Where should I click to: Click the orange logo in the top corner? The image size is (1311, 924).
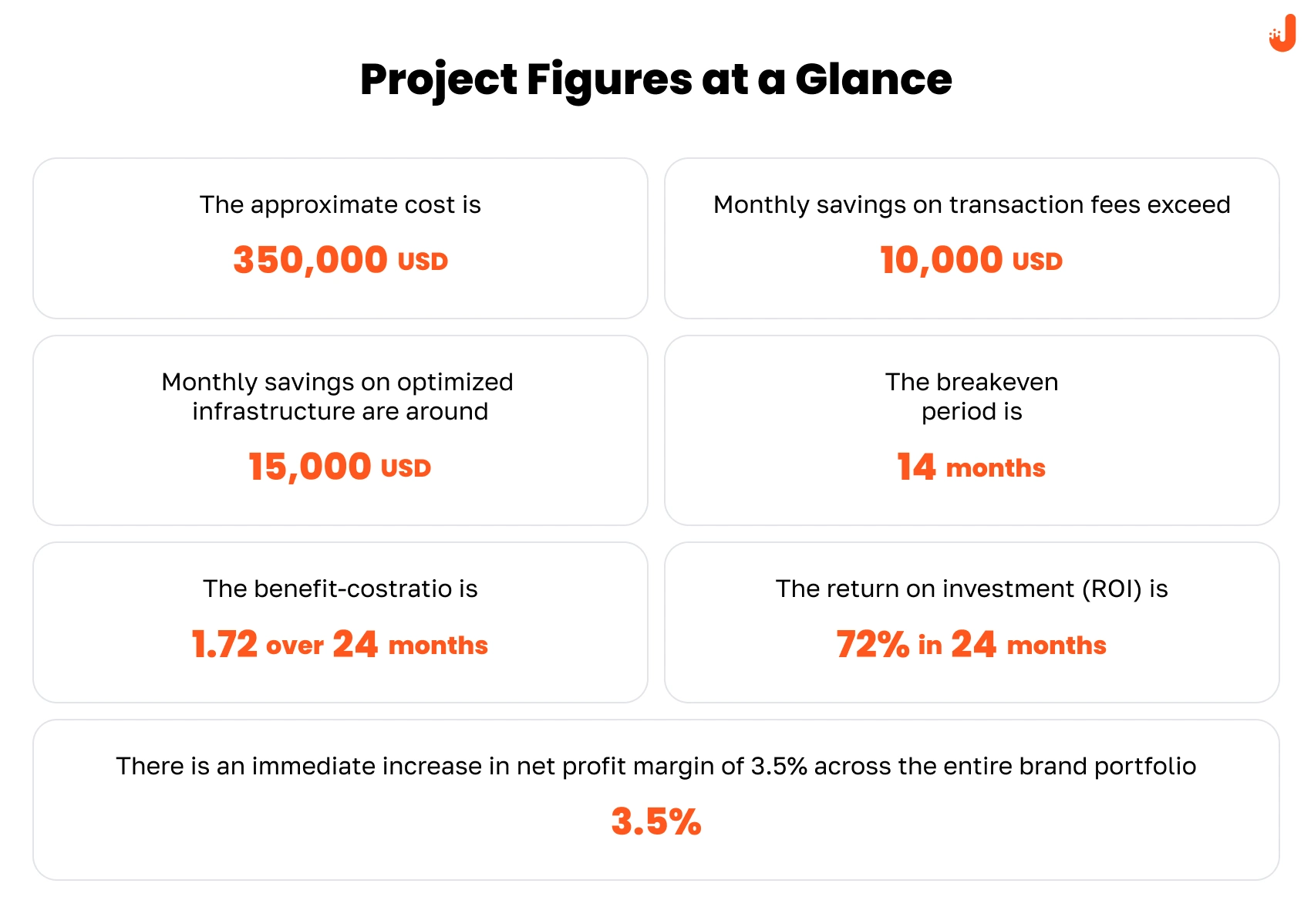point(1282,33)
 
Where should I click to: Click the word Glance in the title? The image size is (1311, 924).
point(873,79)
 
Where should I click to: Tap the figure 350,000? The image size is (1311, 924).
point(310,260)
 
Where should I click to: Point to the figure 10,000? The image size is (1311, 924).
point(941,260)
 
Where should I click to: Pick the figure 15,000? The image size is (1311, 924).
point(309,467)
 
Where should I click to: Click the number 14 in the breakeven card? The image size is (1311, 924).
point(916,467)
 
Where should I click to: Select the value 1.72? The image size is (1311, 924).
point(224,645)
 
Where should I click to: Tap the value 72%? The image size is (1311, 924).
point(872,645)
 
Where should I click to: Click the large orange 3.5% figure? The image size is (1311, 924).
point(656,821)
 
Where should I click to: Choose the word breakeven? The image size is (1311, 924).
point(997,382)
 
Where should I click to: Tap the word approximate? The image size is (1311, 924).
point(325,206)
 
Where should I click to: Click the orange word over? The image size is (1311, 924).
point(295,646)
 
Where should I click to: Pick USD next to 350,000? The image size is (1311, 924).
point(423,262)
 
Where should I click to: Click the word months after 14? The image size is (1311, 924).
point(996,468)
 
